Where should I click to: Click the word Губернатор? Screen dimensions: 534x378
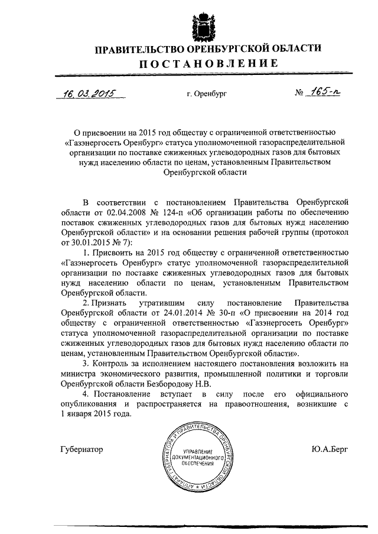point(82,449)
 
